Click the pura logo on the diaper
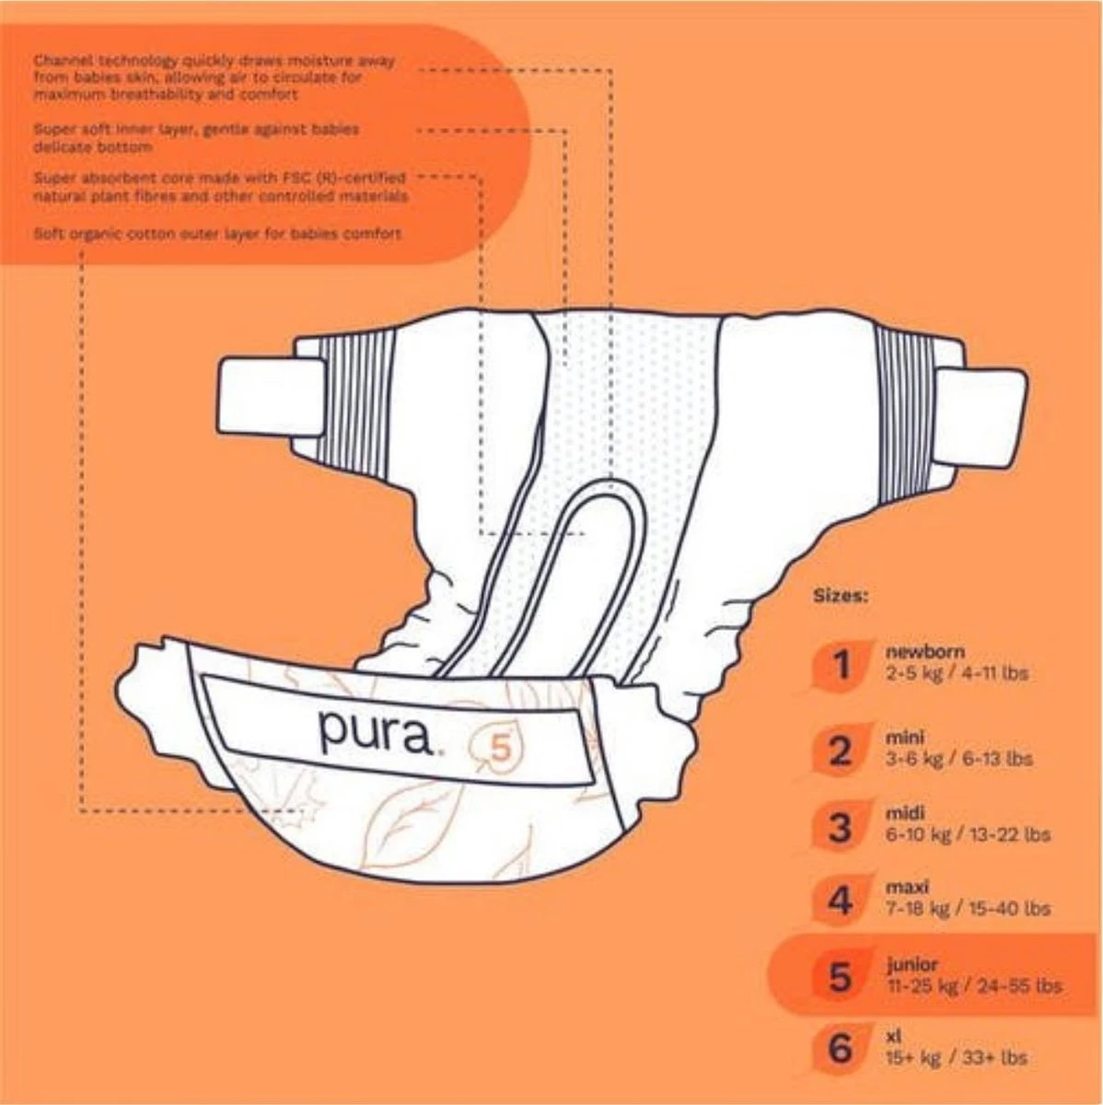(x=375, y=729)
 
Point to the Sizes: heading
(x=840, y=595)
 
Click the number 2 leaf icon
(x=840, y=750)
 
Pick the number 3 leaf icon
(x=840, y=826)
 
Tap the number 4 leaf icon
(x=840, y=900)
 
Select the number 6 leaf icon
(x=840, y=1048)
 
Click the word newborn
(x=912, y=652)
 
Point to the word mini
(x=904, y=738)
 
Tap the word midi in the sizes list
(x=905, y=814)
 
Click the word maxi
(x=907, y=888)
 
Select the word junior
(x=911, y=965)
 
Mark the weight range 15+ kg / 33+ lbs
(x=956, y=1059)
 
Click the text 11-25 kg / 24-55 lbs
(x=972, y=986)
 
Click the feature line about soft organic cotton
(x=217, y=234)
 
